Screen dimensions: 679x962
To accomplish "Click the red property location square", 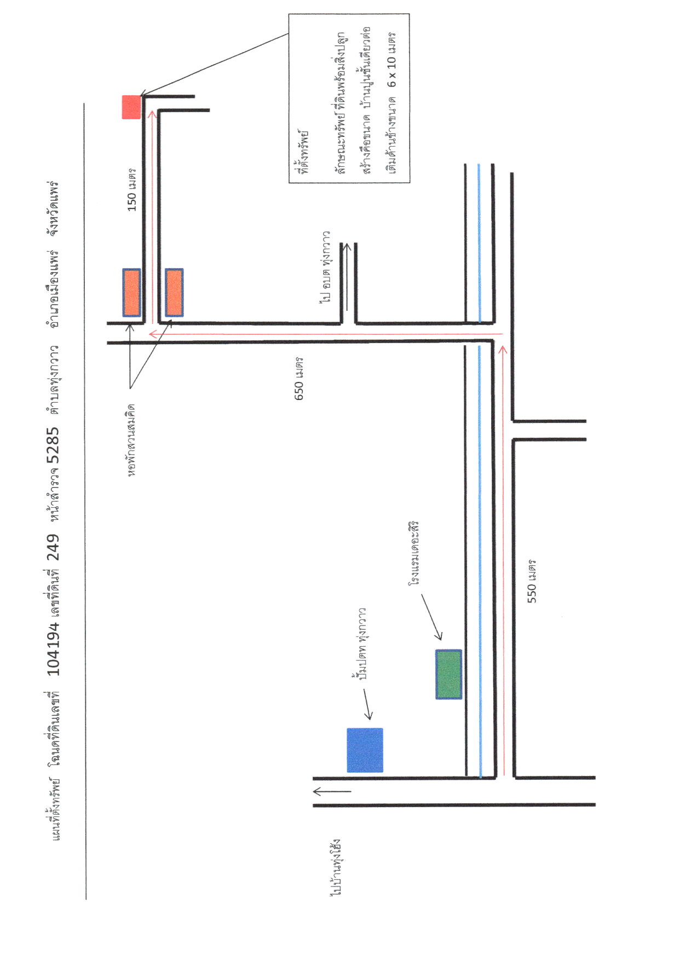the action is (x=131, y=107).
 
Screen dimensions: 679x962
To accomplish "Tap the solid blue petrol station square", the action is (x=365, y=750).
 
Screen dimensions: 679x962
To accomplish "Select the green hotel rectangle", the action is (x=448, y=674).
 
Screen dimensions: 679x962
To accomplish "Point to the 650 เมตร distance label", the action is (x=299, y=379).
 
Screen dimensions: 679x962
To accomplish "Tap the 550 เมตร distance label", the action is (x=532, y=581).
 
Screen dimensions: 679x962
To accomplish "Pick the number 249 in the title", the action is (x=54, y=547).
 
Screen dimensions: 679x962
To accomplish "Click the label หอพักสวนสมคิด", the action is (x=131, y=440).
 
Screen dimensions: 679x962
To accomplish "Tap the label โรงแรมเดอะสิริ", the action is (x=413, y=554).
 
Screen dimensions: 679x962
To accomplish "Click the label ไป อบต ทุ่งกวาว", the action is (x=327, y=266).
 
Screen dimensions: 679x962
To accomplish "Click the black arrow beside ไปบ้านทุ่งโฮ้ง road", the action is (x=332, y=791).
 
